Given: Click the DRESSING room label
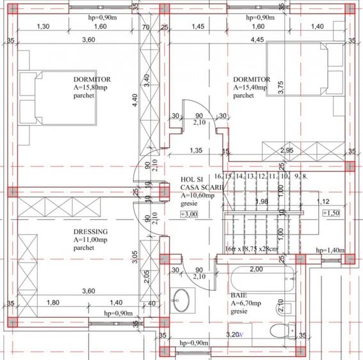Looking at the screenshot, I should pos(90,231).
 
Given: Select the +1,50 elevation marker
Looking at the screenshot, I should pos(333,213).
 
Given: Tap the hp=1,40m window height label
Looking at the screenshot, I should pos(330,250).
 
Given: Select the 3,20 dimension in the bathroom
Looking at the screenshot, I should pos(234,334).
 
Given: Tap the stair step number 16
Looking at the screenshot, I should pos(219,176).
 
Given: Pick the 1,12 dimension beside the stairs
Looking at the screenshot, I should pos(324,201).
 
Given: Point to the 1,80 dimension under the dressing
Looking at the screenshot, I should pos(54,302).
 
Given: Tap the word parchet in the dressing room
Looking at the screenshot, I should pos(84,248).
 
